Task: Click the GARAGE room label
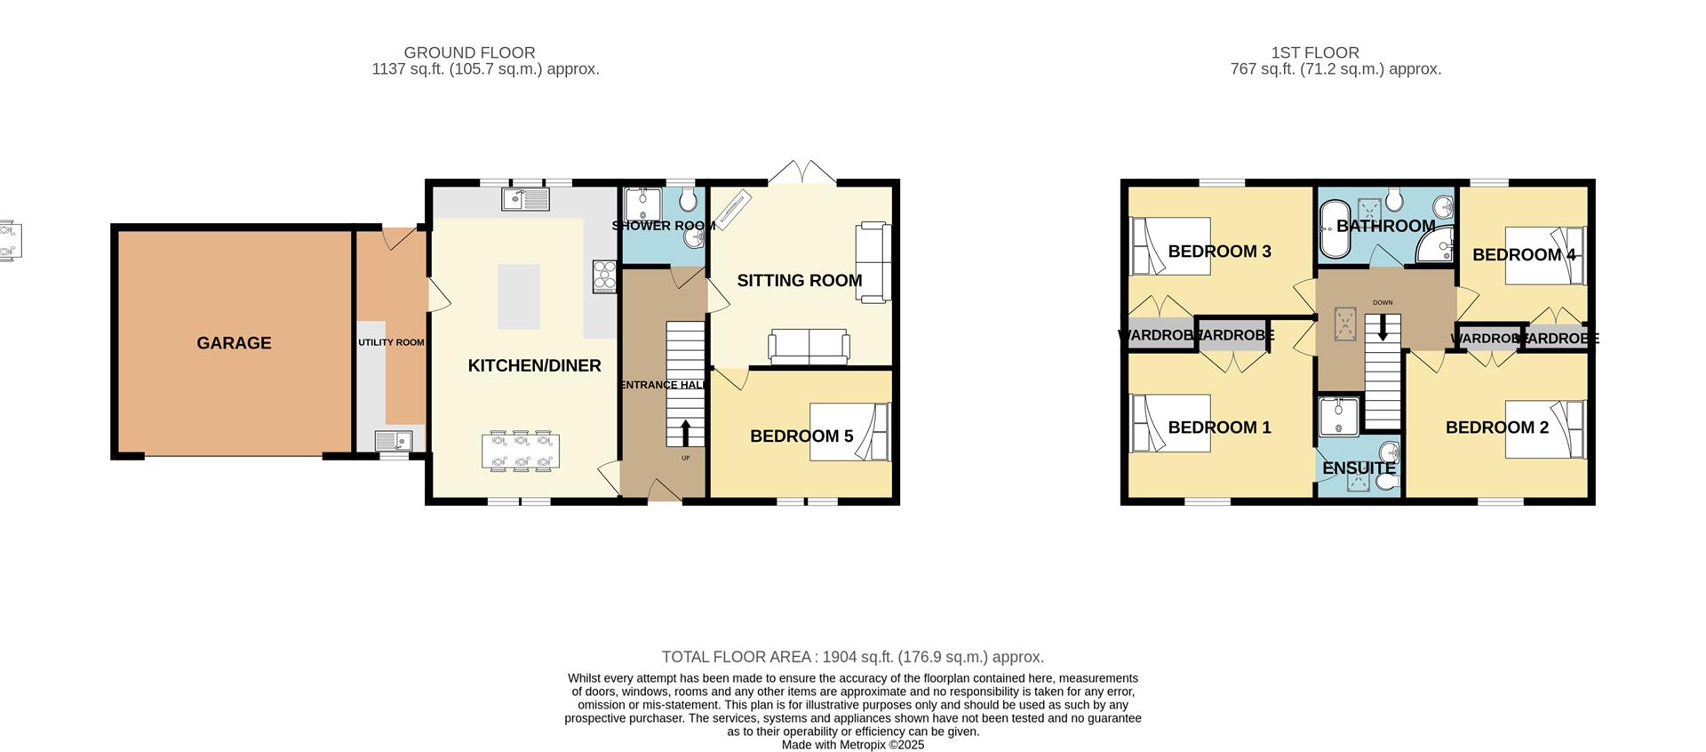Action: click(234, 343)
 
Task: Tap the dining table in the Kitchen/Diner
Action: click(521, 450)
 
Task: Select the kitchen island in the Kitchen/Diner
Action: click(517, 297)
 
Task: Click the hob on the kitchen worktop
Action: click(604, 276)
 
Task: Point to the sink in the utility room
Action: click(392, 439)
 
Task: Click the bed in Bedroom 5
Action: click(849, 432)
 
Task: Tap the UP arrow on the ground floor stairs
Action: click(685, 434)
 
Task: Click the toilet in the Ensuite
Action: click(1386, 481)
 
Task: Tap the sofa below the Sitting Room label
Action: click(809, 347)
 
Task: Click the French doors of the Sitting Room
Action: click(802, 172)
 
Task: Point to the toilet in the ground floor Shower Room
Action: click(687, 201)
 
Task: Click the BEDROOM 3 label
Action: click(1219, 252)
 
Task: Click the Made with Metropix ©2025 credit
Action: click(852, 745)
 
